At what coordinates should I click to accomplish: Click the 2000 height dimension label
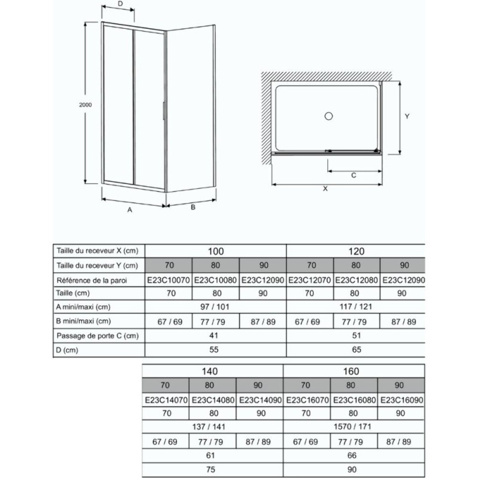tap(85, 105)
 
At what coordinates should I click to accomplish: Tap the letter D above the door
tap(120, 4)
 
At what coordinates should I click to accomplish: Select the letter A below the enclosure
tap(129, 210)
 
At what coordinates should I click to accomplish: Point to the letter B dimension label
tap(193, 207)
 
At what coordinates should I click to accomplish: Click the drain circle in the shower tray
tap(329, 116)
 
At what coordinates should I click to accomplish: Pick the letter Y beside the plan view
tap(407, 117)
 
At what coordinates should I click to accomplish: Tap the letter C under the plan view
tap(353, 175)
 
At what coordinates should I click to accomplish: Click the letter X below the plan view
tap(325, 189)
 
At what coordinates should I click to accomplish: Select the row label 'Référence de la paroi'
tap(92, 280)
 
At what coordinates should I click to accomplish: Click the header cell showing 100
tap(215, 251)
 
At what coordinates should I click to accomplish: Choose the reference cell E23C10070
tap(168, 280)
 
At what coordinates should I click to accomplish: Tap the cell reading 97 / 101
tap(215, 307)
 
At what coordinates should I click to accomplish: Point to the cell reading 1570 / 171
tap(352, 427)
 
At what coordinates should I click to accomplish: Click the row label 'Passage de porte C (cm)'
tap(98, 336)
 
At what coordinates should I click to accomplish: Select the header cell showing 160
tap(351, 371)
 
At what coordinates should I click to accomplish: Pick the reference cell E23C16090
tap(402, 400)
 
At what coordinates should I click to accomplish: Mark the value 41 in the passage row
tap(214, 335)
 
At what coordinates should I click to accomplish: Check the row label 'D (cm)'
tap(68, 350)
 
